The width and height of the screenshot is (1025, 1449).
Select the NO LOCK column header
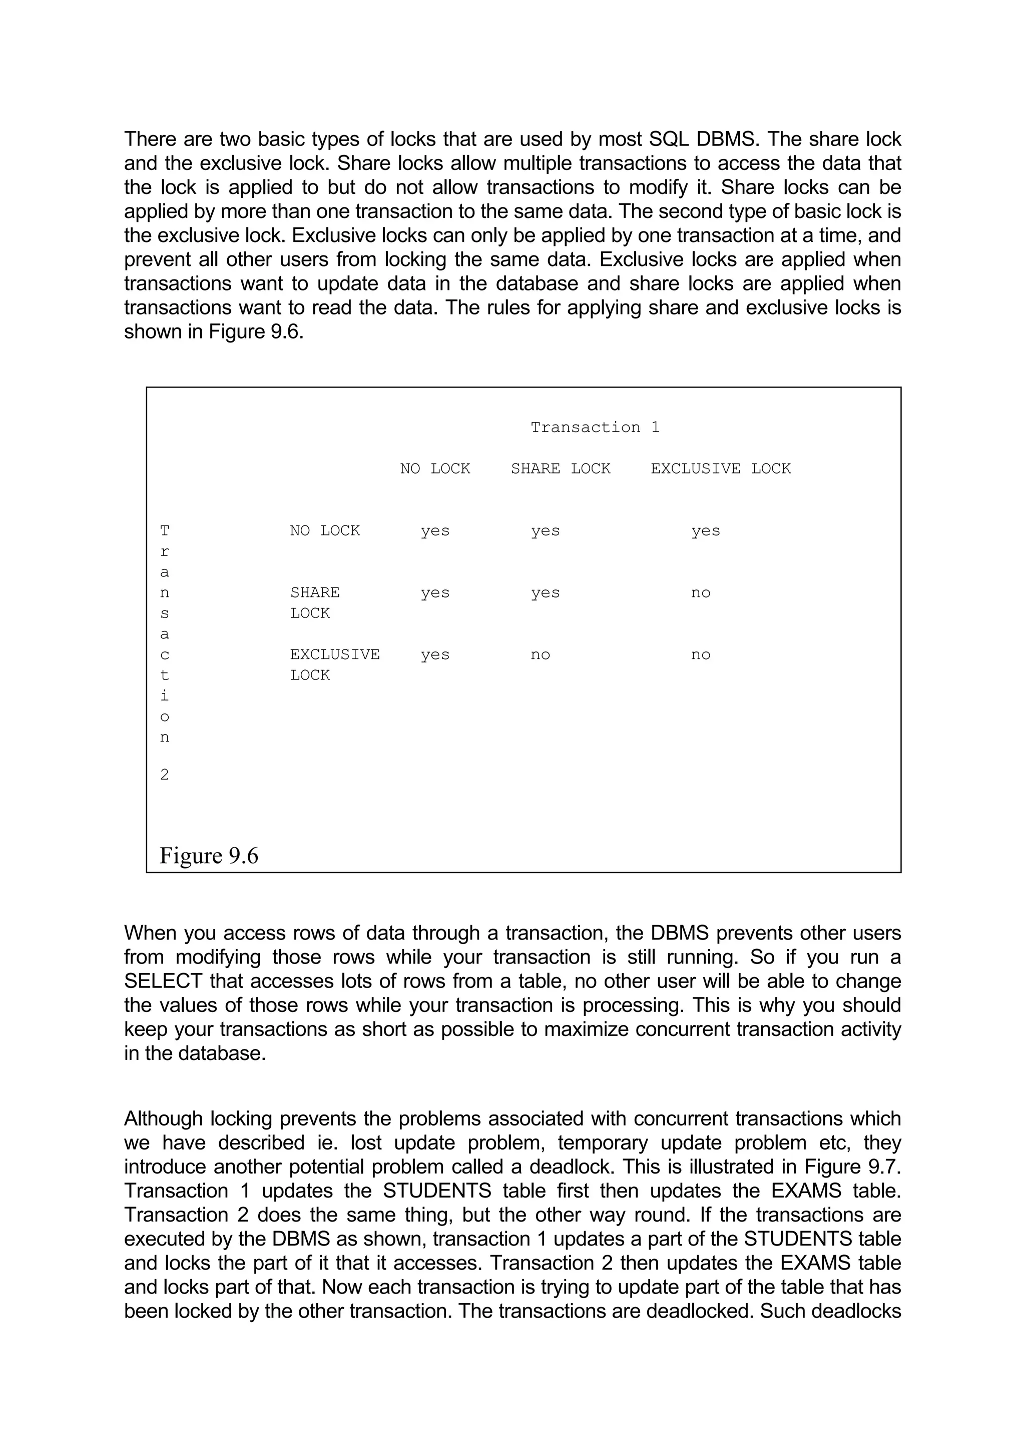tap(434, 468)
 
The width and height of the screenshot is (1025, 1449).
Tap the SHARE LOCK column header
tap(560, 468)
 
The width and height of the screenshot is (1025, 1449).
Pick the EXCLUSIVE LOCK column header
tap(720, 468)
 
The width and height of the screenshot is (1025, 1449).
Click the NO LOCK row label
tap(325, 531)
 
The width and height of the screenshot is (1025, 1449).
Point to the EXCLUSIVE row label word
tap(335, 654)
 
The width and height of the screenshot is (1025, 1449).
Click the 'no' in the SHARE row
tap(700, 592)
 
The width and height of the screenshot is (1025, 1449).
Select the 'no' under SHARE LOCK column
tap(540, 654)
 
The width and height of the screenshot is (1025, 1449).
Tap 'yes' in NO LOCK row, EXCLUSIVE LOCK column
tap(705, 531)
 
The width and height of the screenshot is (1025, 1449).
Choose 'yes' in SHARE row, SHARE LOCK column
tap(545, 592)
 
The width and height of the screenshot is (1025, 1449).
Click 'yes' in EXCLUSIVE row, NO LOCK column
tap(435, 654)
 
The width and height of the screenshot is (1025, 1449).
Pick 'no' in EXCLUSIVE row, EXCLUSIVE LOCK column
tap(700, 654)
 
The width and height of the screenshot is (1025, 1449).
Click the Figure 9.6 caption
tap(209, 856)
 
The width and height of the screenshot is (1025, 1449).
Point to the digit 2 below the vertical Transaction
tap(164, 775)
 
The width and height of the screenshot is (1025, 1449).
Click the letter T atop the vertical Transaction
tap(164, 531)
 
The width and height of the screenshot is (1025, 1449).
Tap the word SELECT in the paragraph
tap(163, 981)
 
